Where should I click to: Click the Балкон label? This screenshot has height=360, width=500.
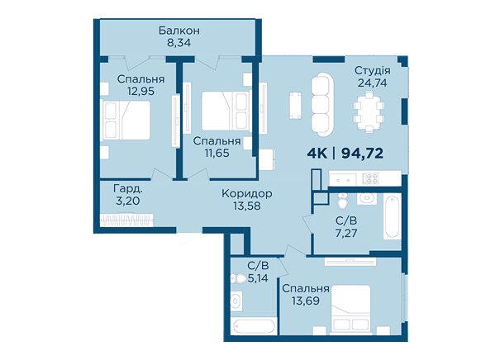(179, 31)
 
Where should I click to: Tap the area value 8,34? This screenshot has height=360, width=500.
(179, 43)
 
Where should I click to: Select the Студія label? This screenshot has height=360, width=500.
(373, 70)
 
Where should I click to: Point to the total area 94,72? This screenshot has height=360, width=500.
(362, 154)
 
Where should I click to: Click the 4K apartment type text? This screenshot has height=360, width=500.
(317, 154)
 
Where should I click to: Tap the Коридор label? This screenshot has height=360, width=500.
(247, 193)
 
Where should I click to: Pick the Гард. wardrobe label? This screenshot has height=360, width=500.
(128, 189)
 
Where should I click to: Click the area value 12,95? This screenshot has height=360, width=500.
(140, 92)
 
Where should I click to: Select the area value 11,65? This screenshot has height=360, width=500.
(217, 154)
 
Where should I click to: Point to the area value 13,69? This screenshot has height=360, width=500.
(306, 301)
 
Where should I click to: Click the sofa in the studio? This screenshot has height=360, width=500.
(322, 105)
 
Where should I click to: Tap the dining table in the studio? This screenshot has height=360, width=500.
(369, 111)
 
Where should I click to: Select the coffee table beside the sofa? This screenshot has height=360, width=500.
(295, 106)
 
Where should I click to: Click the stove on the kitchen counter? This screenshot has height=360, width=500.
(370, 178)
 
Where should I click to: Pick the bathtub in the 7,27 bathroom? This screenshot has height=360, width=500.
(393, 217)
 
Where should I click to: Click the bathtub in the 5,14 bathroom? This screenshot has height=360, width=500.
(254, 326)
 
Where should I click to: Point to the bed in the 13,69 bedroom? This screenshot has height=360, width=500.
(351, 310)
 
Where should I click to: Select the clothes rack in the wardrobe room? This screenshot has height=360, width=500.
(126, 220)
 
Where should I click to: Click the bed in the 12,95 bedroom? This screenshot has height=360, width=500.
(126, 120)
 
